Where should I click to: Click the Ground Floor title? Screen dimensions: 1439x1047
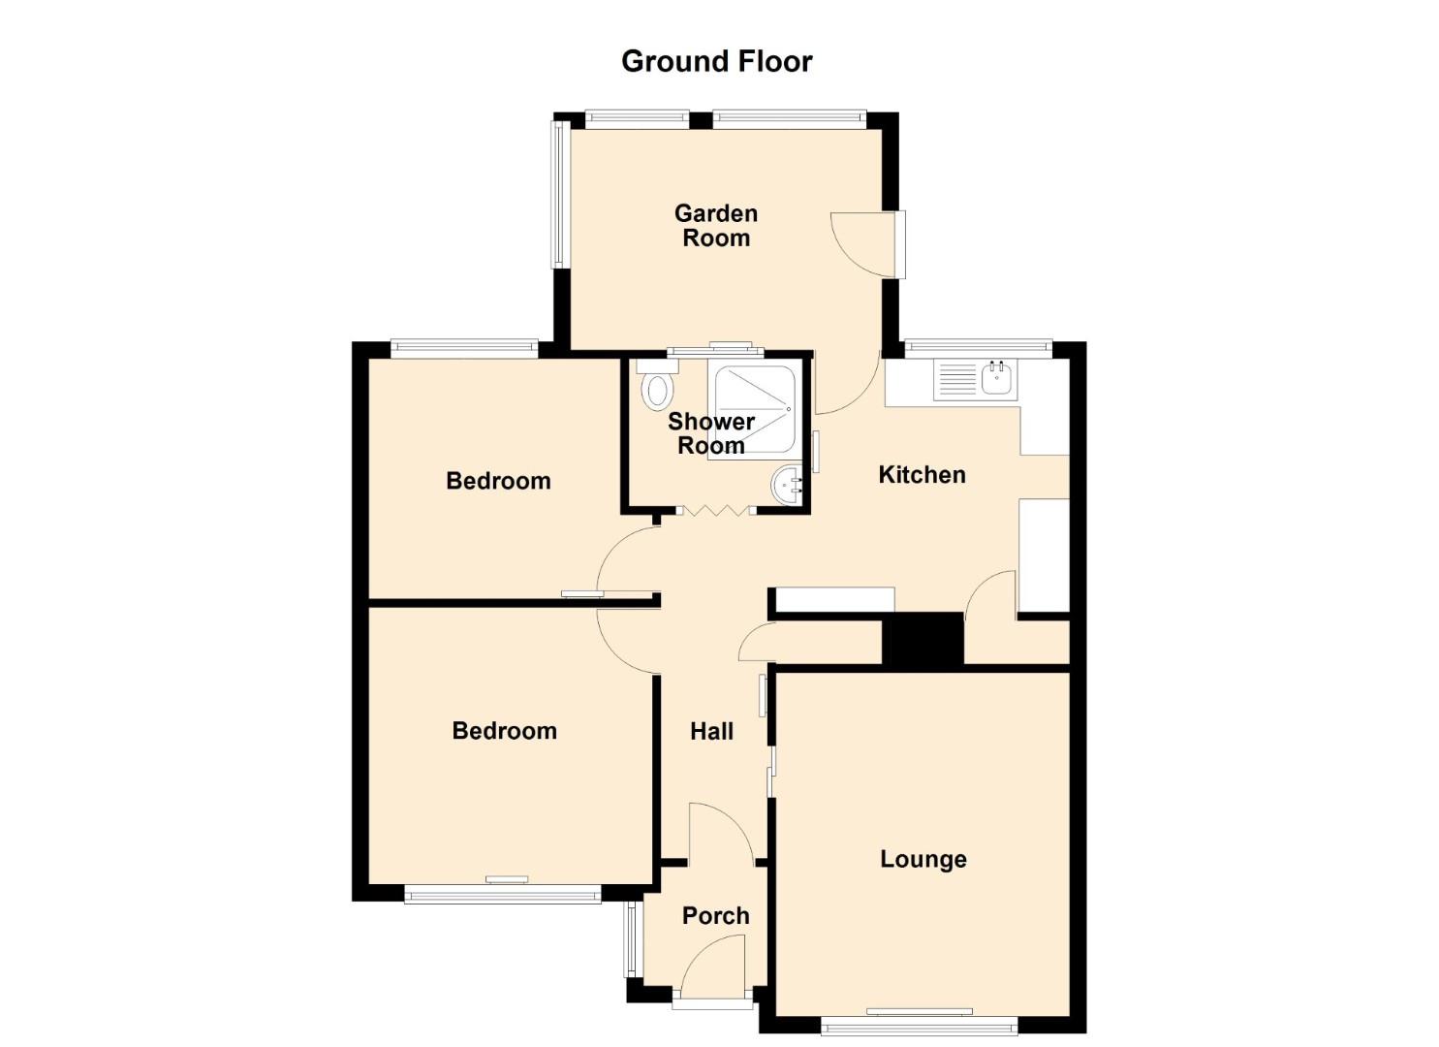[716, 62]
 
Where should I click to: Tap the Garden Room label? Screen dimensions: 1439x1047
[716, 226]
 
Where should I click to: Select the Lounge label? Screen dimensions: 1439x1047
[923, 859]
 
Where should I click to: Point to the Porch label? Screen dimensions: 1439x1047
[716, 916]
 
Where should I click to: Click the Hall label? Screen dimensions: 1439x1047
[712, 731]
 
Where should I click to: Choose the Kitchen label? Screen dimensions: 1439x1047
[922, 475]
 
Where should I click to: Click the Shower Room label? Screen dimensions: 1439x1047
[711, 434]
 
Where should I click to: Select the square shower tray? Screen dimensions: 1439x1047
[756, 409]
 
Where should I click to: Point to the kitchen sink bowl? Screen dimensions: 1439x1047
[996, 378]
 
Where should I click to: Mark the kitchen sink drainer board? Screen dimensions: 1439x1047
[957, 380]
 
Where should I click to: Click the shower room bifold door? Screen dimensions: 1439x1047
[716, 510]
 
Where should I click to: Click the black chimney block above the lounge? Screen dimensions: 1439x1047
[923, 639]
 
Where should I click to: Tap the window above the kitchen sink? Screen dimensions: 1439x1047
[979, 348]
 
